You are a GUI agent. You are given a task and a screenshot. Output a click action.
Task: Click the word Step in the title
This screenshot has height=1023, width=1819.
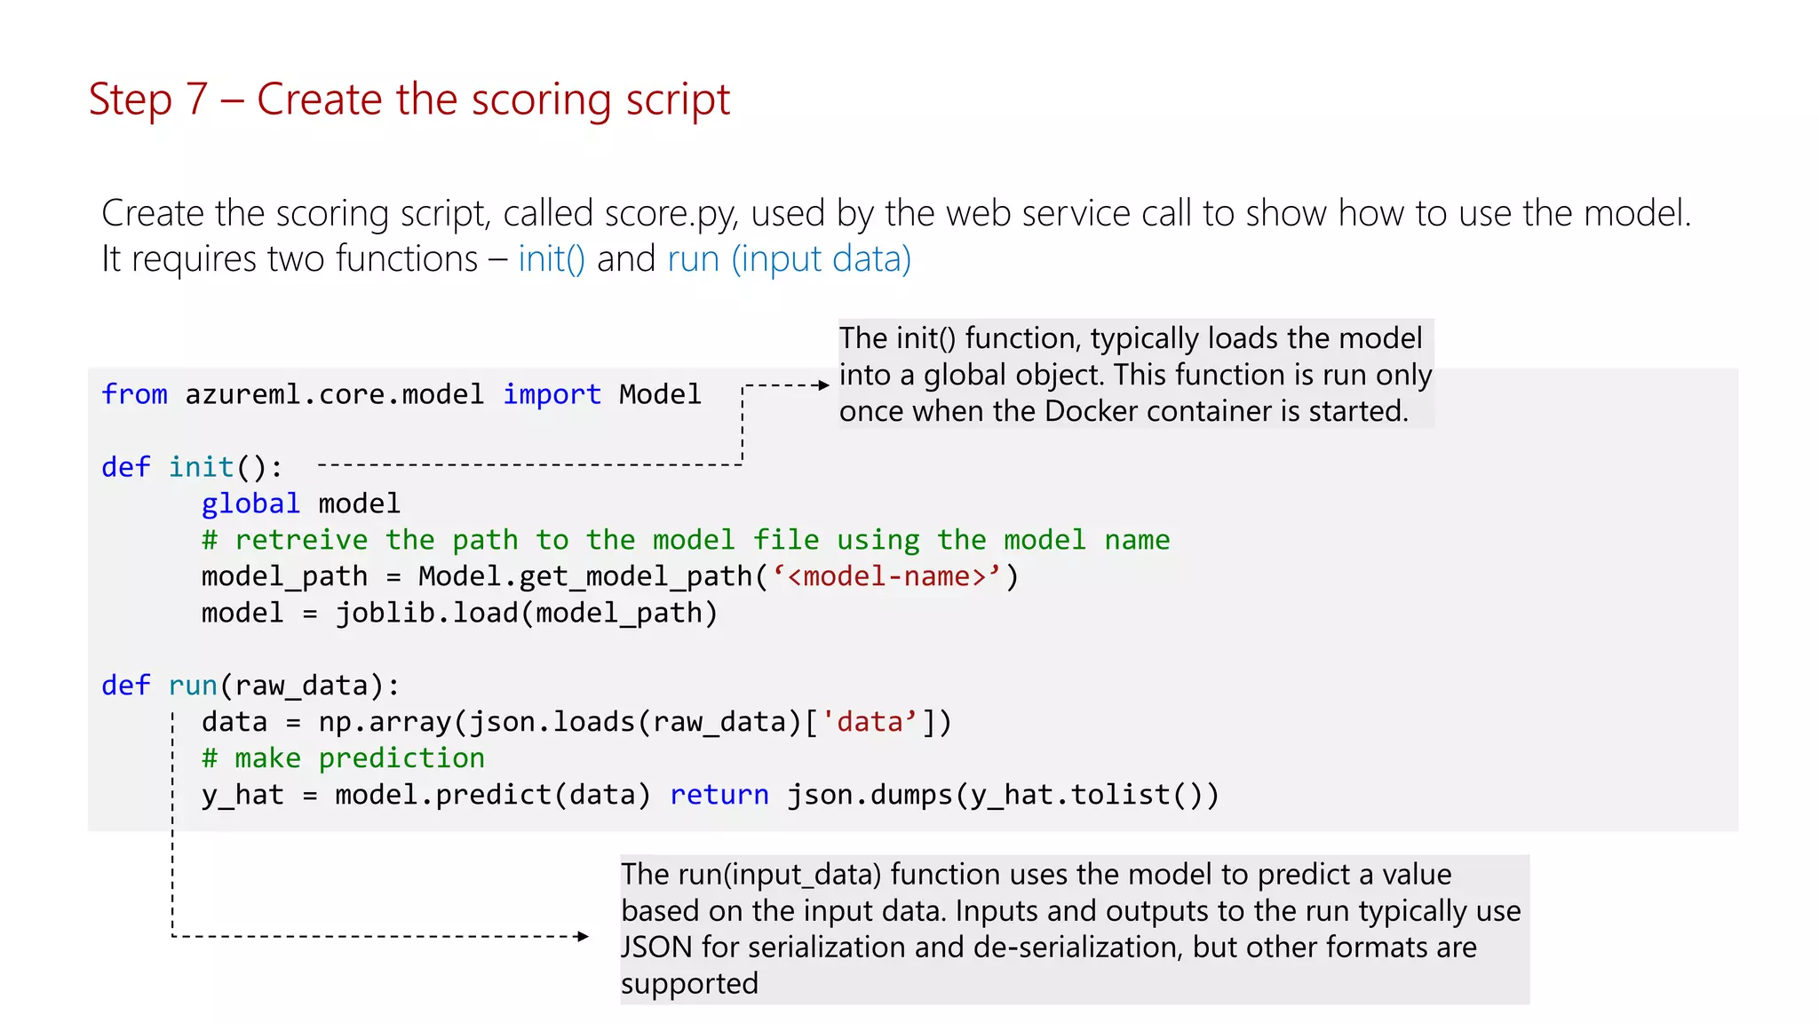coord(130,100)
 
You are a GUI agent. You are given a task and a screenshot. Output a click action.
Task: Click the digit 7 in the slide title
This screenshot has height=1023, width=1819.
coord(196,99)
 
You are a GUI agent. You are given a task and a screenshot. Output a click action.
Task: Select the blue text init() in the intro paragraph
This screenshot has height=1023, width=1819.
coord(552,259)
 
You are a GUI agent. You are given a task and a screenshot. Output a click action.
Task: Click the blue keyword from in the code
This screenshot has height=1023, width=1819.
coord(134,394)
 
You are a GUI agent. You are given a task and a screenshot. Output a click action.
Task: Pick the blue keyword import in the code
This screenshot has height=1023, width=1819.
coord(552,394)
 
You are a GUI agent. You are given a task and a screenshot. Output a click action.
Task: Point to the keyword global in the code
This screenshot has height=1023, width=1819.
coord(250,504)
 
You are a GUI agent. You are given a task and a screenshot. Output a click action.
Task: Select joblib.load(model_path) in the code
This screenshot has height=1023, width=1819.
coord(527,613)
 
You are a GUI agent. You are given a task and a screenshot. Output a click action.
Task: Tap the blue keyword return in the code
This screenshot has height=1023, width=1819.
coord(719,794)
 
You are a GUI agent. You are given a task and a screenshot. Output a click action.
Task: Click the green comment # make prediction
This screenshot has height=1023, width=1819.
coord(343,757)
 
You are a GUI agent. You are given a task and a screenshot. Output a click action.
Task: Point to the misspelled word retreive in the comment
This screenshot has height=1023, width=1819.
coord(301,540)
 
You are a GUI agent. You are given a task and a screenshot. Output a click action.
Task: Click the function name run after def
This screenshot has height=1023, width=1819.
coord(193,686)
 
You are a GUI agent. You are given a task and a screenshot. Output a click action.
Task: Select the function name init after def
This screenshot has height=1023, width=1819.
coord(202,467)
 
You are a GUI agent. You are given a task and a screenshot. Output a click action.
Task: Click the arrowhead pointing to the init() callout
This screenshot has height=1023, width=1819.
coord(823,385)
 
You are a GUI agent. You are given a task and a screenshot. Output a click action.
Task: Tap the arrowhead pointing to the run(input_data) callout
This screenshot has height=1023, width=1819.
coord(583,936)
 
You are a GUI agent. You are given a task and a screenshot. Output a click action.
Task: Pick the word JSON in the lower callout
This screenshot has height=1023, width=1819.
coord(656,948)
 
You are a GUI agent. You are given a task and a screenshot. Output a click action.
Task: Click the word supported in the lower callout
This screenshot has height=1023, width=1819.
coord(689,984)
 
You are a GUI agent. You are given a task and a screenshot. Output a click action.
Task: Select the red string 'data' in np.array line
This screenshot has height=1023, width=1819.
coord(870,722)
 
